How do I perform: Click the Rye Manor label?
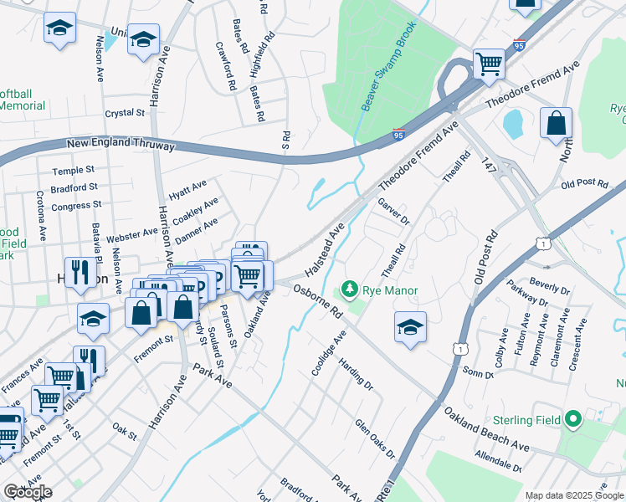(x=389, y=291)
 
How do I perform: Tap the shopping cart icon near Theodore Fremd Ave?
(x=489, y=63)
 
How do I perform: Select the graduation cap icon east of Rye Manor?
(x=410, y=326)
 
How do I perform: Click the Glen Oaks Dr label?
(x=374, y=439)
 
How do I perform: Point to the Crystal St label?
(x=125, y=113)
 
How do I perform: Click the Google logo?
(x=28, y=492)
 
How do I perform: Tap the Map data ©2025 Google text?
(x=574, y=495)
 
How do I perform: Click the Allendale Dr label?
(x=498, y=461)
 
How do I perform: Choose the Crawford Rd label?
(x=226, y=67)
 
